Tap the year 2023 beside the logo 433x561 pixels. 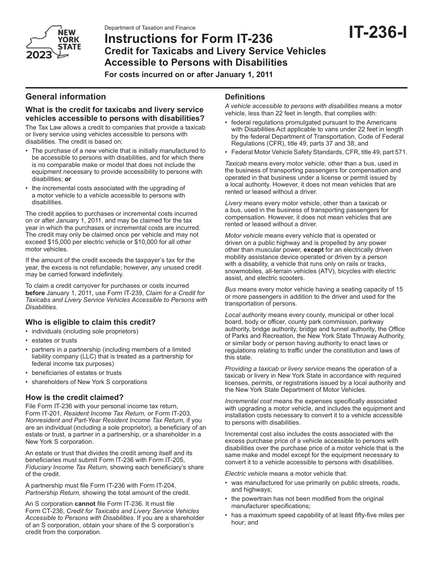(39, 56)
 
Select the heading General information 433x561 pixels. (66, 96)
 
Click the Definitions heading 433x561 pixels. (245, 97)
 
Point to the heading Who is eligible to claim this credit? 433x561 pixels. (90, 322)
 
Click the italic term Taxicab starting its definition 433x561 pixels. (236, 163)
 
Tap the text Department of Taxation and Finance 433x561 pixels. (150, 28)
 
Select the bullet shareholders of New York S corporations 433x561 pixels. (89, 382)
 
